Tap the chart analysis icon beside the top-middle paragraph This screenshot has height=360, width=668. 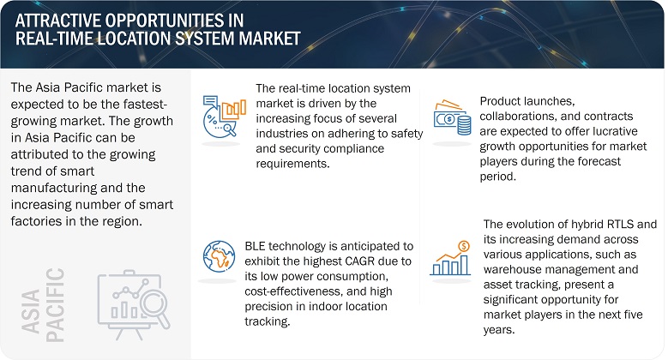tap(220, 118)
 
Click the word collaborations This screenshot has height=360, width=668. tap(523, 115)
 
